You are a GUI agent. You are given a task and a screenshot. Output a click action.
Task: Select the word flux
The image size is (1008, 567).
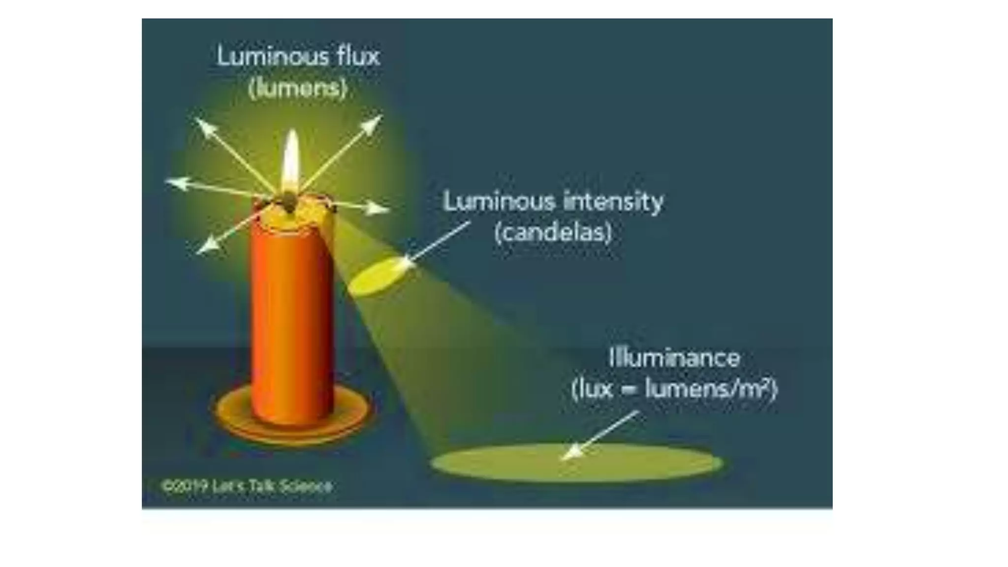tap(359, 57)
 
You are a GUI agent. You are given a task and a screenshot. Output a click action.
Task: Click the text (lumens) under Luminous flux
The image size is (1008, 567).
tap(298, 89)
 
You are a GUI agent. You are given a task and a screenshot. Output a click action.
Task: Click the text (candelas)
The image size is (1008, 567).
tap(553, 232)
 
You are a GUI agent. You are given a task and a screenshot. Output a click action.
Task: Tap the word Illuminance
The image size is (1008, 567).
tap(674, 358)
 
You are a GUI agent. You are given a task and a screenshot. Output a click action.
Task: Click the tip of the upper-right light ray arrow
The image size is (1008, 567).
tap(380, 117)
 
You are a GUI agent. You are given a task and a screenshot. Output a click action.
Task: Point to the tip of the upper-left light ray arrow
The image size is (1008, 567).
tap(197, 120)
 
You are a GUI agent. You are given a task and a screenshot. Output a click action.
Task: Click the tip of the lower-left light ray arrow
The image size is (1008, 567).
tap(199, 252)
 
